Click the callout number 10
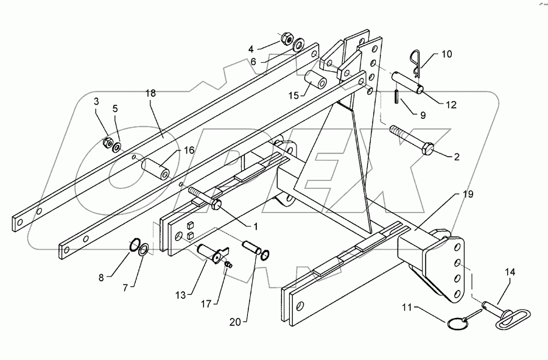pos(446,54)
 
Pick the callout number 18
pos(150,93)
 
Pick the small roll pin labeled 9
pos(396,96)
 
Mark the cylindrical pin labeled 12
pos(405,82)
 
